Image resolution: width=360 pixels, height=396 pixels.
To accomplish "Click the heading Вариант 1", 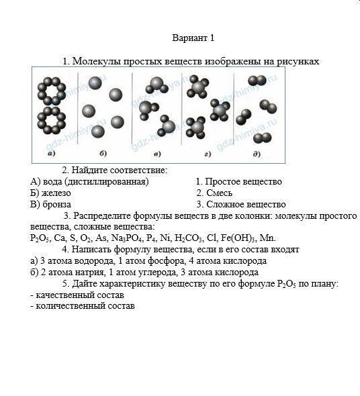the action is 193,38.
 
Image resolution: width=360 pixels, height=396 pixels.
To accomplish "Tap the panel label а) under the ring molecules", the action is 52,153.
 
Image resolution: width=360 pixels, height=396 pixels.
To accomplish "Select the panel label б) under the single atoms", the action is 103,153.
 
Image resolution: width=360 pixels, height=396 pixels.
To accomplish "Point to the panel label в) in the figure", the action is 157,154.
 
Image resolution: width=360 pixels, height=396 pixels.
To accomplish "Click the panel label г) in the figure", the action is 208,154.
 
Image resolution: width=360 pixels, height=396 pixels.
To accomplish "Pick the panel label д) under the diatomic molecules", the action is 257,153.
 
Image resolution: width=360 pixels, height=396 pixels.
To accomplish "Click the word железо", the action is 56,193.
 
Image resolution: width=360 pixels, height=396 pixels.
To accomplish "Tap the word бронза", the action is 56,204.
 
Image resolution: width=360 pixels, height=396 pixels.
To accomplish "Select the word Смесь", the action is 220,193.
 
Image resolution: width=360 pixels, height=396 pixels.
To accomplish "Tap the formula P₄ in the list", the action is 152,238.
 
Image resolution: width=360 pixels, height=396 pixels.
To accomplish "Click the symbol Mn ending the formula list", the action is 267,238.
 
